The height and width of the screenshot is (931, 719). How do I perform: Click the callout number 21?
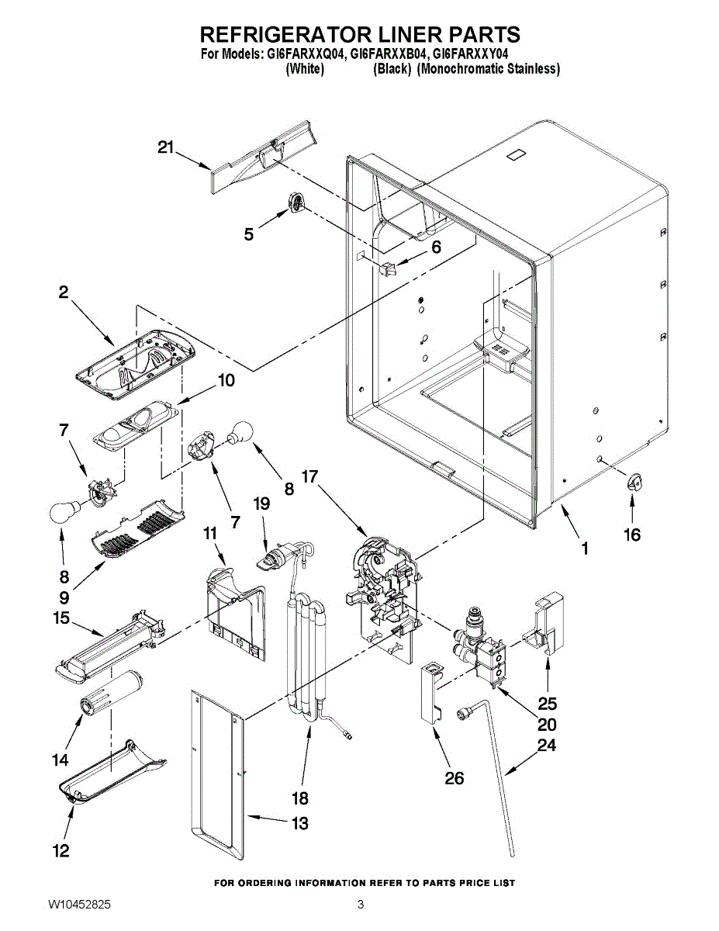pyautogui.click(x=166, y=147)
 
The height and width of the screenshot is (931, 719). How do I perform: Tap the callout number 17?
pyautogui.click(x=310, y=476)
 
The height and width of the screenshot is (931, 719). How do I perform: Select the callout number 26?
pyautogui.click(x=455, y=778)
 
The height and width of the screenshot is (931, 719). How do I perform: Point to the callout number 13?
pyautogui.click(x=299, y=823)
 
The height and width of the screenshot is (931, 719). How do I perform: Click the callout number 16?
pyautogui.click(x=632, y=535)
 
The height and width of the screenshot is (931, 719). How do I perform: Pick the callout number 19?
pyautogui.click(x=261, y=504)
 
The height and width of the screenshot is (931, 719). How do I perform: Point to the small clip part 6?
pyautogui.click(x=387, y=270)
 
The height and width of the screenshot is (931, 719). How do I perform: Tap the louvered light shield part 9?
pyautogui.click(x=138, y=530)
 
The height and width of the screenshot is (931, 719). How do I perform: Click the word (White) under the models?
pyautogui.click(x=305, y=68)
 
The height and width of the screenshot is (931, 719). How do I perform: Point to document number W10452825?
pyautogui.click(x=79, y=905)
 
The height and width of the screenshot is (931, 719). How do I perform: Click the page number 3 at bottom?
pyautogui.click(x=360, y=905)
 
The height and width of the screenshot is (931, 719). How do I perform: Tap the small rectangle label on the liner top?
pyautogui.click(x=517, y=155)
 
